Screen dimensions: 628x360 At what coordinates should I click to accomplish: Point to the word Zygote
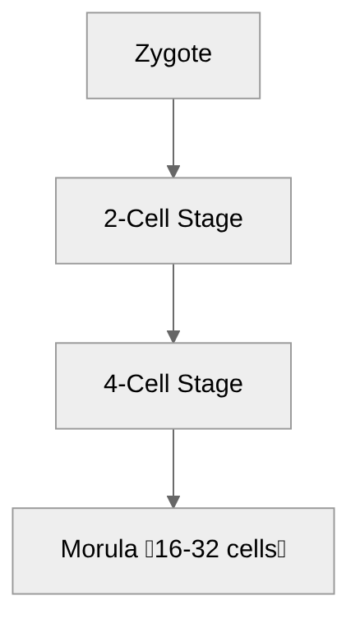coord(173,54)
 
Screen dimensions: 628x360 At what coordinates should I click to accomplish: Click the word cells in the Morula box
coord(252,549)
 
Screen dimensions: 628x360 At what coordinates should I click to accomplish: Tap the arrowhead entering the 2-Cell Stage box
coord(173,171)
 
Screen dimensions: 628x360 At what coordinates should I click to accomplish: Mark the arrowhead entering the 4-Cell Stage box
coord(173,336)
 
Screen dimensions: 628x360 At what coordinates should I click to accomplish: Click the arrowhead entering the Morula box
coord(173,501)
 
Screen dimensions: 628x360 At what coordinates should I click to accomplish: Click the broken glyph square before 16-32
coord(149,549)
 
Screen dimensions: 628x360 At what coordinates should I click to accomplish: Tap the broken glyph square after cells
coord(282,549)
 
